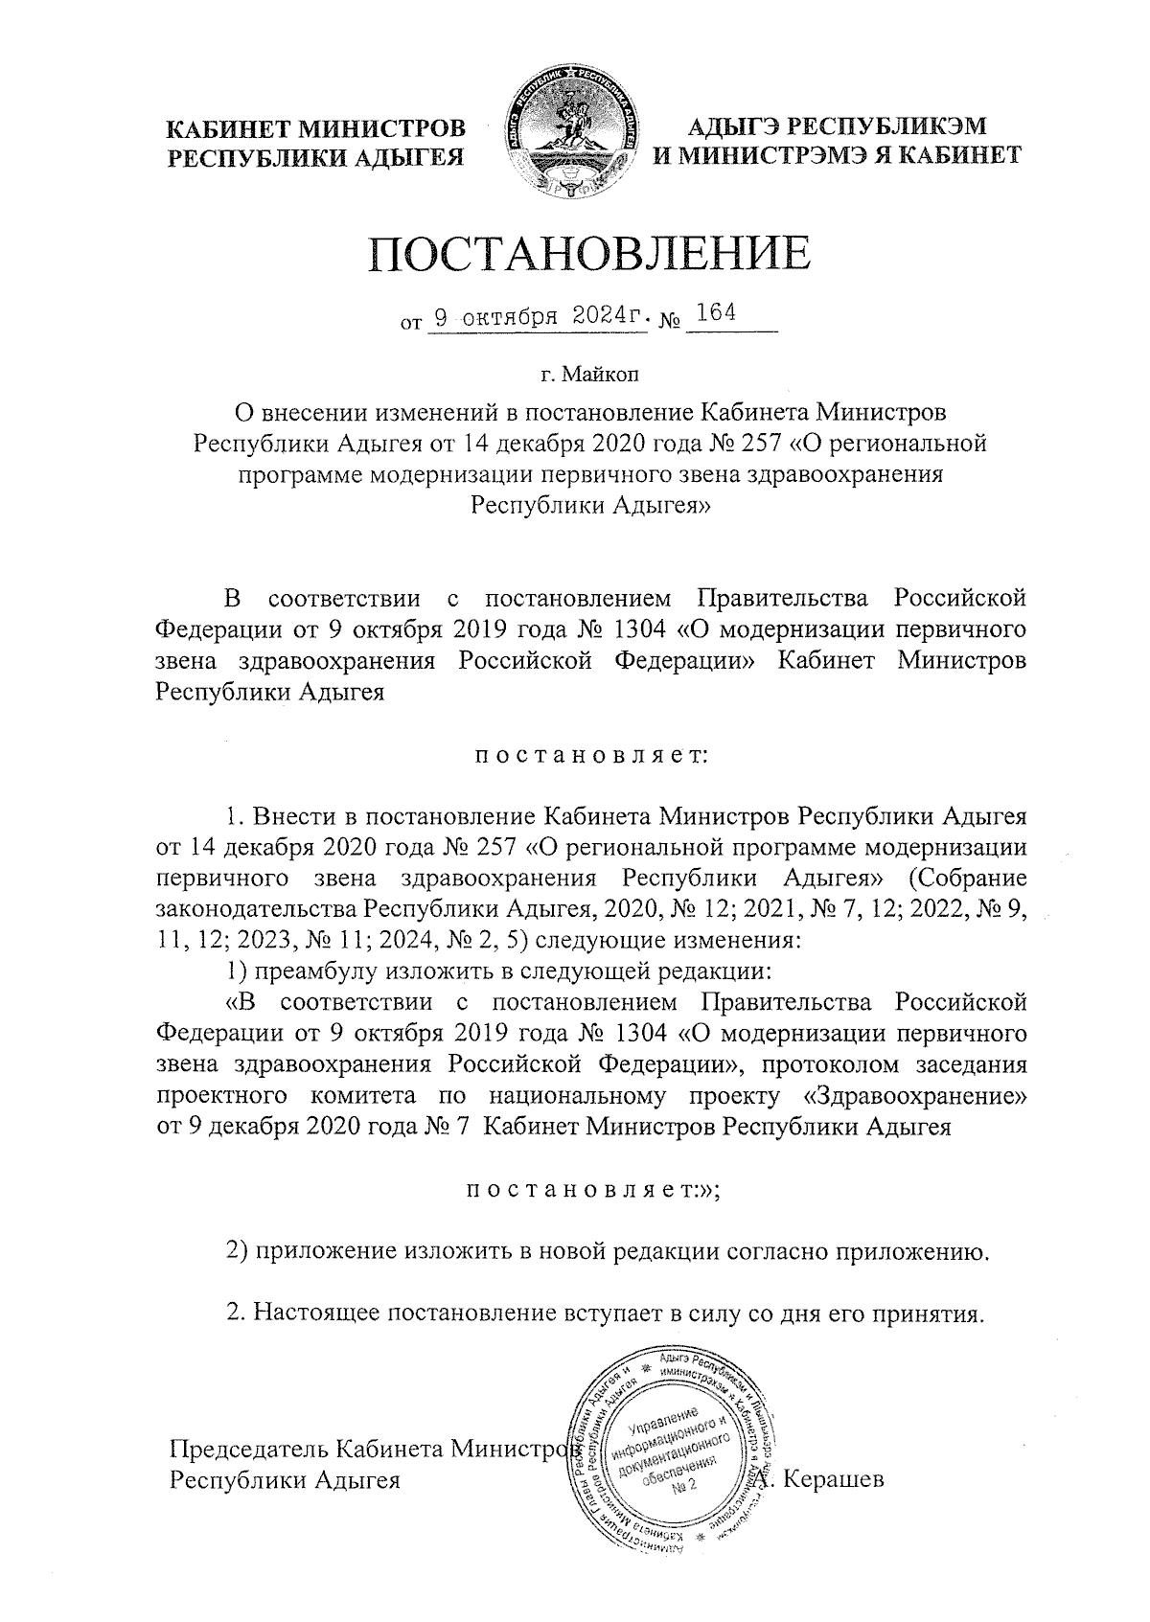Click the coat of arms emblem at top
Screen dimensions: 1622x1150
573,134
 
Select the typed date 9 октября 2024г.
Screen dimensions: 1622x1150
539,316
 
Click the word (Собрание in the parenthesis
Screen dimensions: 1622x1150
966,879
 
